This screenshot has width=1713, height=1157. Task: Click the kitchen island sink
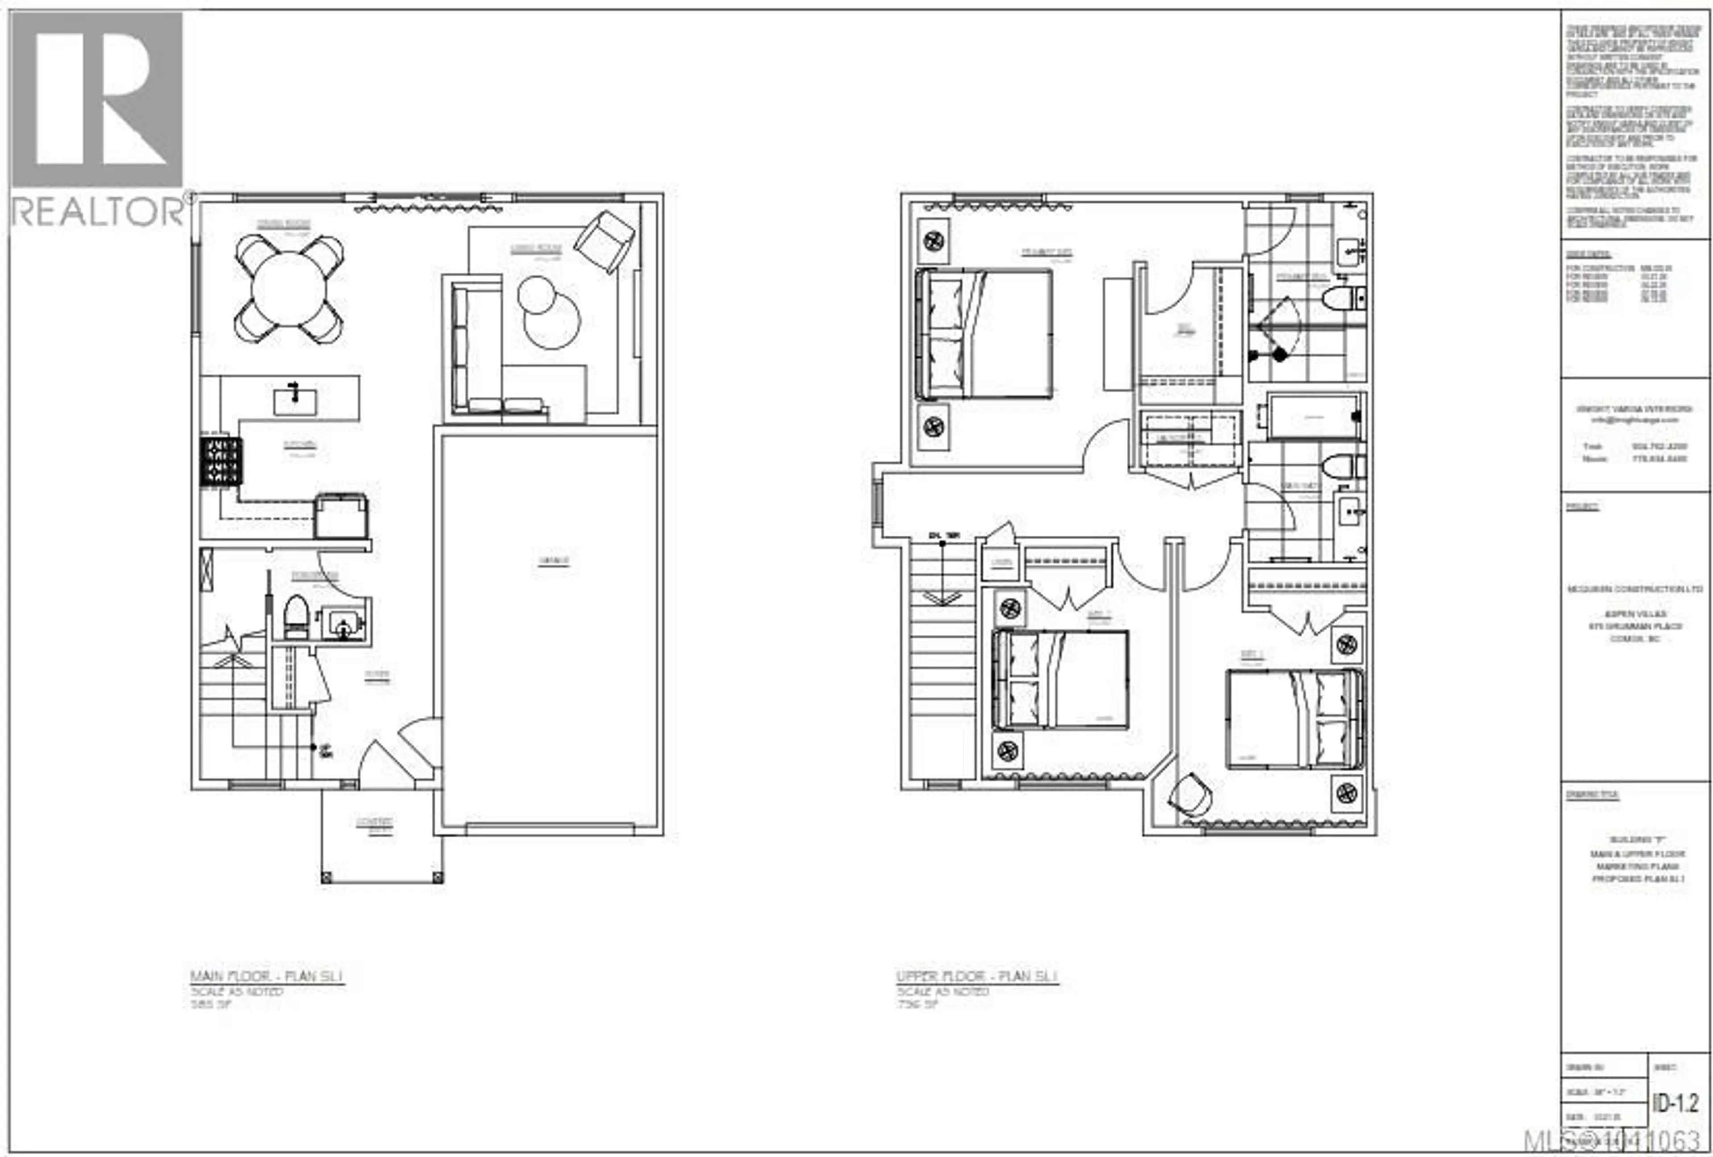pyautogui.click(x=295, y=401)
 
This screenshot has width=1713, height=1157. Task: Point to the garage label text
pyautogui.click(x=554, y=561)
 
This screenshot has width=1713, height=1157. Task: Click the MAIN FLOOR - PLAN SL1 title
pyautogui.click(x=267, y=977)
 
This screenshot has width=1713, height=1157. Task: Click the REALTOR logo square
pyautogui.click(x=97, y=100)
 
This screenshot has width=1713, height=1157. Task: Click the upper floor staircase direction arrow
pyautogui.click(x=942, y=597)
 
